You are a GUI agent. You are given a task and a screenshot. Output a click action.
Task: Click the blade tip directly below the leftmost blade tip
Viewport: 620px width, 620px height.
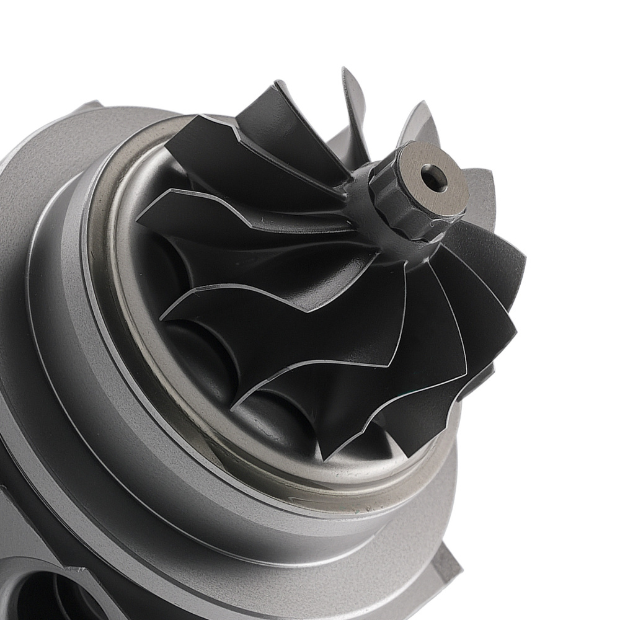tap(162, 317)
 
